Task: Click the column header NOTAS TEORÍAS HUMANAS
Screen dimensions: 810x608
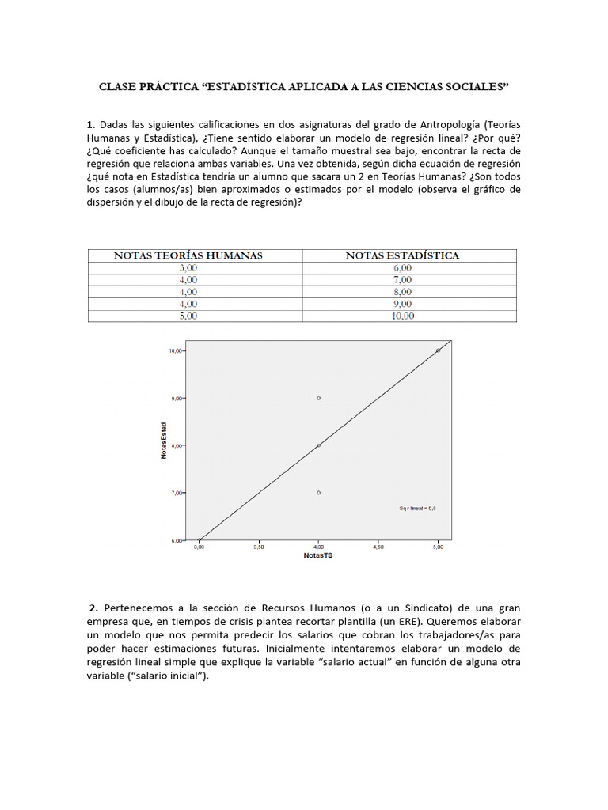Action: [x=188, y=255]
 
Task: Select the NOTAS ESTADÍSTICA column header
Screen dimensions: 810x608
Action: [x=402, y=255]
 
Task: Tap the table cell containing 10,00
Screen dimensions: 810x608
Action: [x=402, y=316]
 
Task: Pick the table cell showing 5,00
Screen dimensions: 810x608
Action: [x=188, y=316]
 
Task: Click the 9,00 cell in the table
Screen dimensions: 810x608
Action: [x=402, y=304]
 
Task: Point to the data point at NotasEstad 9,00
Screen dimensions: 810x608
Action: [x=318, y=398]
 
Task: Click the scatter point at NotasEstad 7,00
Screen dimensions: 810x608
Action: [x=318, y=493]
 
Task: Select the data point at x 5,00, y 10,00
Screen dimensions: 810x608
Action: [x=438, y=350]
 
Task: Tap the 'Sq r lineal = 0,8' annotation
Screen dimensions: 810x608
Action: [x=417, y=509]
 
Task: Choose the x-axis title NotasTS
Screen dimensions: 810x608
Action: [x=318, y=556]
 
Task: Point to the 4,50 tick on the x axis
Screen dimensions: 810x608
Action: [x=378, y=547]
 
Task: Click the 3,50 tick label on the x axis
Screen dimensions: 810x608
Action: [x=259, y=547]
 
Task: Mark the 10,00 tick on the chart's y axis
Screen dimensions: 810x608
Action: [x=175, y=350]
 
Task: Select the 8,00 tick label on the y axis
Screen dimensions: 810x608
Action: [x=177, y=445]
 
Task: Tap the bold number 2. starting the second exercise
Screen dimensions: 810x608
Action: [x=93, y=607]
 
